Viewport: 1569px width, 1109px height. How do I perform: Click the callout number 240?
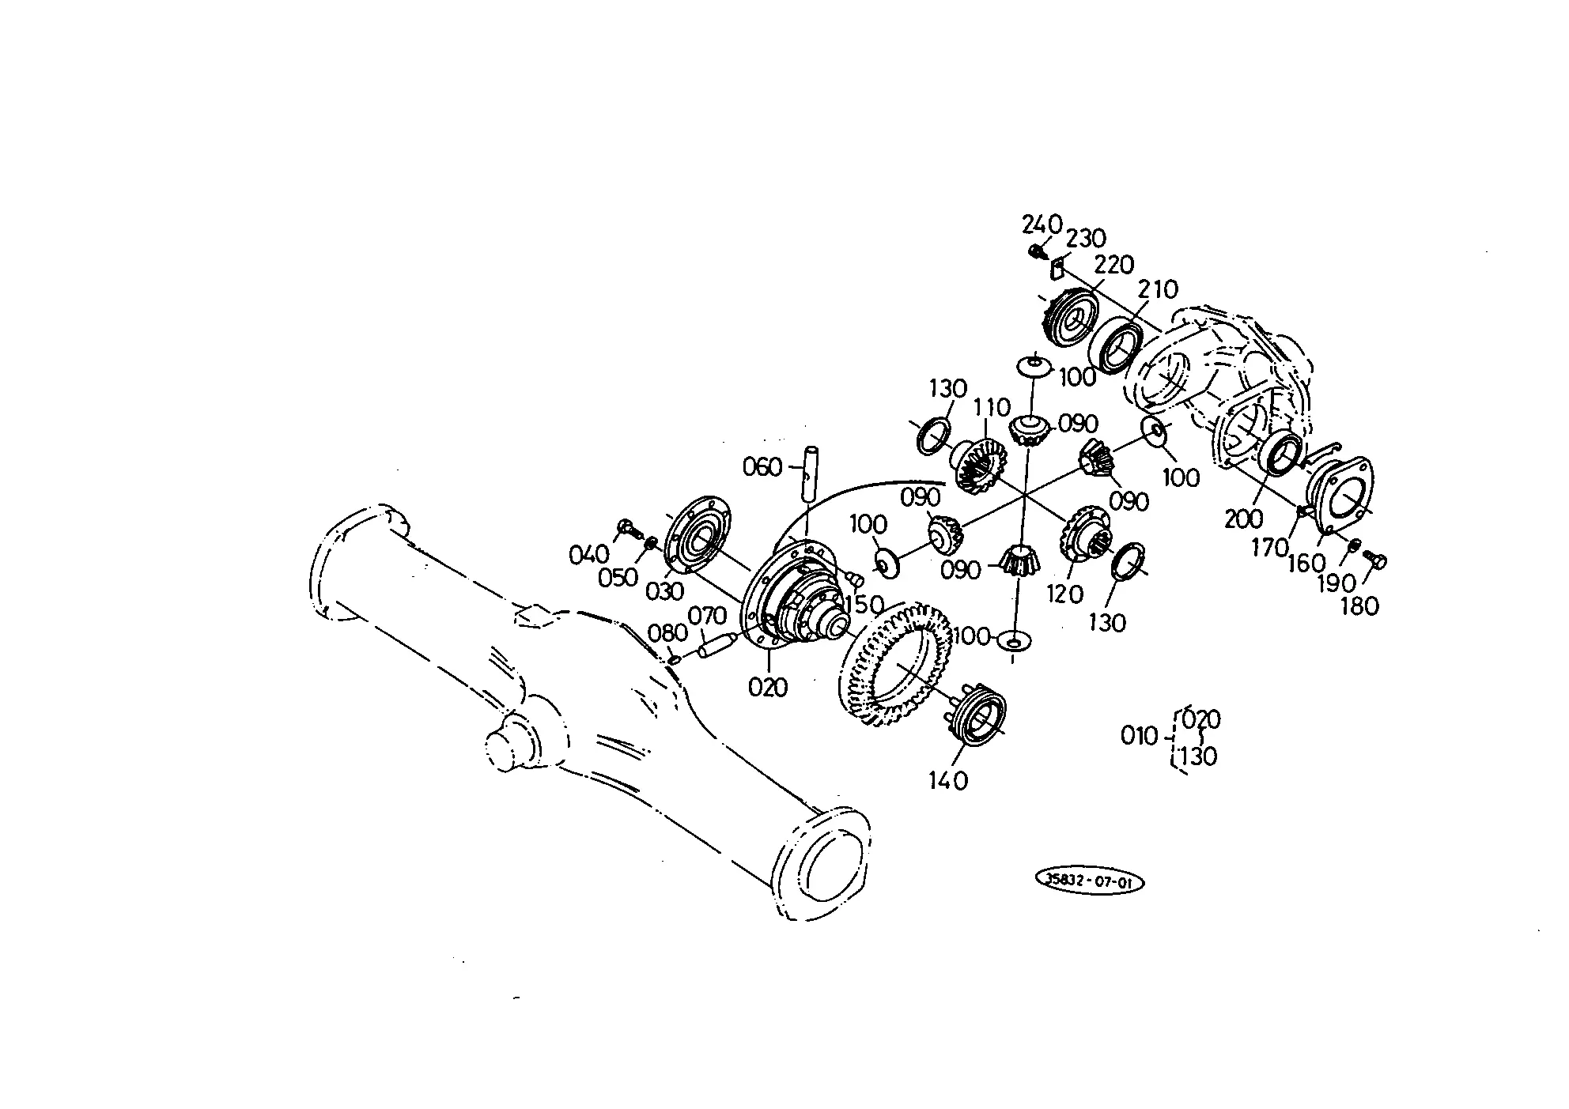[x=1042, y=225]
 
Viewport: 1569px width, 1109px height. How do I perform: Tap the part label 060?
[x=762, y=467]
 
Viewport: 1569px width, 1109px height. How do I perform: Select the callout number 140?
[x=949, y=781]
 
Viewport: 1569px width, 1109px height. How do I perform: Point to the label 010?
[x=1140, y=737]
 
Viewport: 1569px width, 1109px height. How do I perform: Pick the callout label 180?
[x=1360, y=606]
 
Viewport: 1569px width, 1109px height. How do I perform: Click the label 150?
[x=864, y=605]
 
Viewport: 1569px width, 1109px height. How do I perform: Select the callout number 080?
[x=667, y=633]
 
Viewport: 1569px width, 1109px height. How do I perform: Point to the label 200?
[x=1244, y=519]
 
